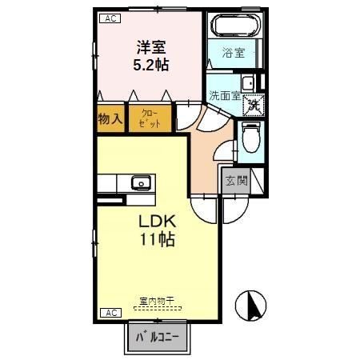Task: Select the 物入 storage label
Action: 110,119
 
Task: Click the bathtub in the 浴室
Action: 234,26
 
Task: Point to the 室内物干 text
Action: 157,301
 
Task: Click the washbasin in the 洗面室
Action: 248,82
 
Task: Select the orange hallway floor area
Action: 206,152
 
